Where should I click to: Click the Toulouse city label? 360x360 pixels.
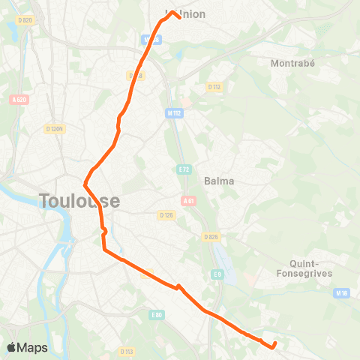[x=79, y=201]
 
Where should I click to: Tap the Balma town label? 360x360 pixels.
[x=219, y=181]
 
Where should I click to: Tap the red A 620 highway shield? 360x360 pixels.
[x=19, y=99]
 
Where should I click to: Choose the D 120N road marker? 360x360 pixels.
[x=54, y=129]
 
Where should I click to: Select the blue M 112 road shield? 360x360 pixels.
[x=175, y=113]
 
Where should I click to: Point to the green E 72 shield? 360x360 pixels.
[x=183, y=170]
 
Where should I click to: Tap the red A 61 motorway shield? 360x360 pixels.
[x=189, y=200]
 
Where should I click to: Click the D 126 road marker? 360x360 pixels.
[x=166, y=214]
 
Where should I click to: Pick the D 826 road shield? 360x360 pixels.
[x=211, y=237]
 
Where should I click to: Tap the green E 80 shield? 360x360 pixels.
[x=156, y=314]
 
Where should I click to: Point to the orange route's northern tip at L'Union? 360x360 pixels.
[x=173, y=12]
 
